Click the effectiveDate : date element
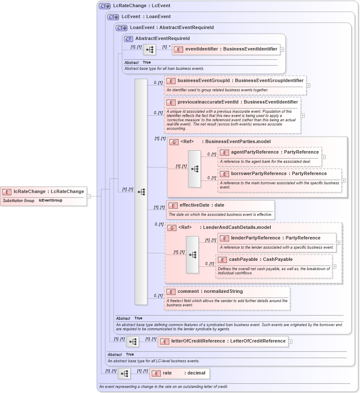point(221,205)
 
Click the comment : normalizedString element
point(227,291)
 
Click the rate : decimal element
point(179,373)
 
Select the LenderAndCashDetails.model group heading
point(237,227)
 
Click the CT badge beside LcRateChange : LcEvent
point(104,6)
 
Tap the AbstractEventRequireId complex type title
point(162,39)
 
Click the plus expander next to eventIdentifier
point(282,49)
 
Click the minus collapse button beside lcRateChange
point(89,196)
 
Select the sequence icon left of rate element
point(124,373)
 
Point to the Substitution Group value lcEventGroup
point(50,201)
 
